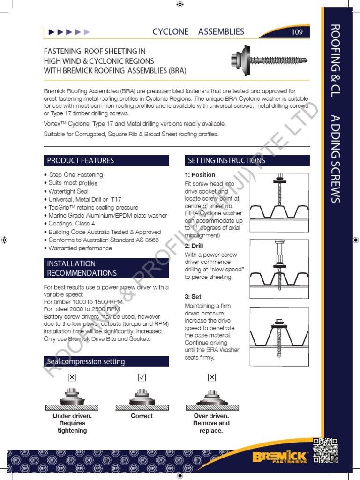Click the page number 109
point(297,32)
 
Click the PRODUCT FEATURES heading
point(80,160)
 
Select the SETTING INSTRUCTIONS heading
point(226,160)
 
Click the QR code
point(325,450)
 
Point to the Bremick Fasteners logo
point(279,457)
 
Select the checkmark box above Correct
point(142,377)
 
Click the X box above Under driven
point(72,377)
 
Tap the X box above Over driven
point(211,377)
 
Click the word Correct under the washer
point(142,416)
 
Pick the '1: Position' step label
point(200,175)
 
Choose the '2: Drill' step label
point(194,246)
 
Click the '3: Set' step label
point(193,297)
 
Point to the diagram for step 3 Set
point(279,332)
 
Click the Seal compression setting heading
point(86,361)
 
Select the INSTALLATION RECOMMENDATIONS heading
point(82,268)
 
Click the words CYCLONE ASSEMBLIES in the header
point(198,32)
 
